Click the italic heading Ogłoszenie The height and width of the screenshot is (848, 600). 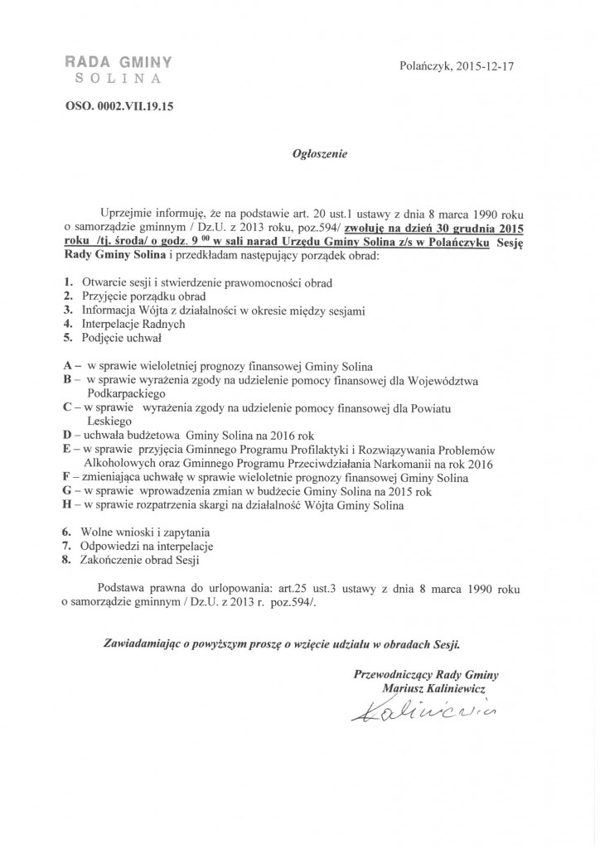(x=299, y=154)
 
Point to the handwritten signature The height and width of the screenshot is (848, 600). (x=413, y=711)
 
